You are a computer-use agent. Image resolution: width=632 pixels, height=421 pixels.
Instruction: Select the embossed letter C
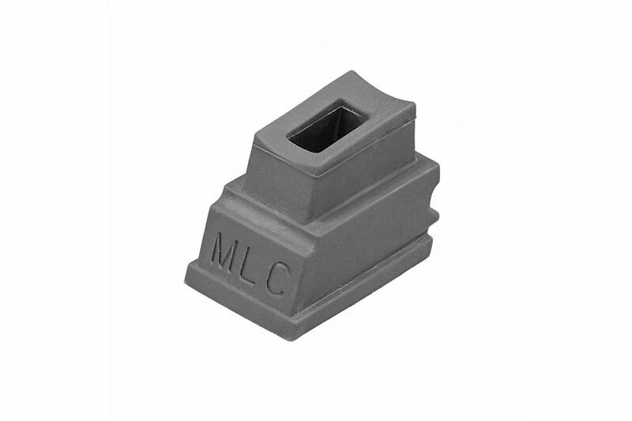coord(279,278)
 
